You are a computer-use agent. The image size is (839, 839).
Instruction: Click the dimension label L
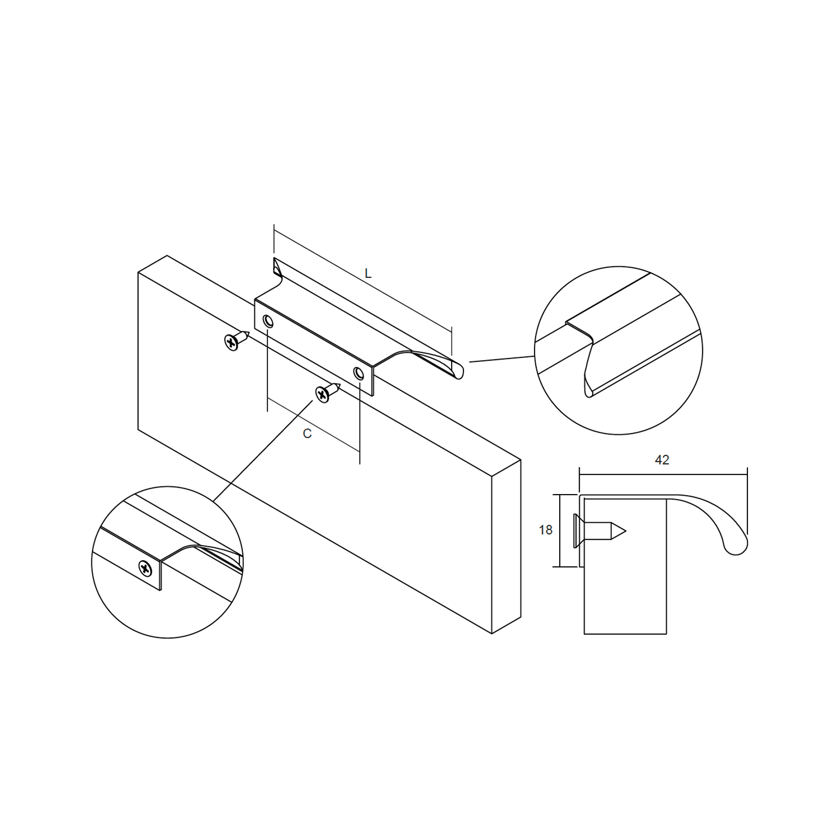click(x=368, y=274)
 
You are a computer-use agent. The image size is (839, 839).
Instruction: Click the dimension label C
click(x=307, y=434)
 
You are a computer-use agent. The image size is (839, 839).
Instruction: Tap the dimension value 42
click(x=662, y=460)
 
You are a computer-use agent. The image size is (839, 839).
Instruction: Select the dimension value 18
click(x=546, y=530)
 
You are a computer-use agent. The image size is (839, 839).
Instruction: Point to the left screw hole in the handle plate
click(x=268, y=321)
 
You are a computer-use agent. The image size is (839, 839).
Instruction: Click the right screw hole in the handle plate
click(x=358, y=372)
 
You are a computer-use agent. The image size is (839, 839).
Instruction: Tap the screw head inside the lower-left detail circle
click(x=146, y=568)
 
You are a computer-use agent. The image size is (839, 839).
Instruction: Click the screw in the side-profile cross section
click(x=598, y=531)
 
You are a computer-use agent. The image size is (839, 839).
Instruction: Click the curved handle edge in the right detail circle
click(x=589, y=366)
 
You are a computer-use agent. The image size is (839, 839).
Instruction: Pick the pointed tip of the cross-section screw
click(x=625, y=531)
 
